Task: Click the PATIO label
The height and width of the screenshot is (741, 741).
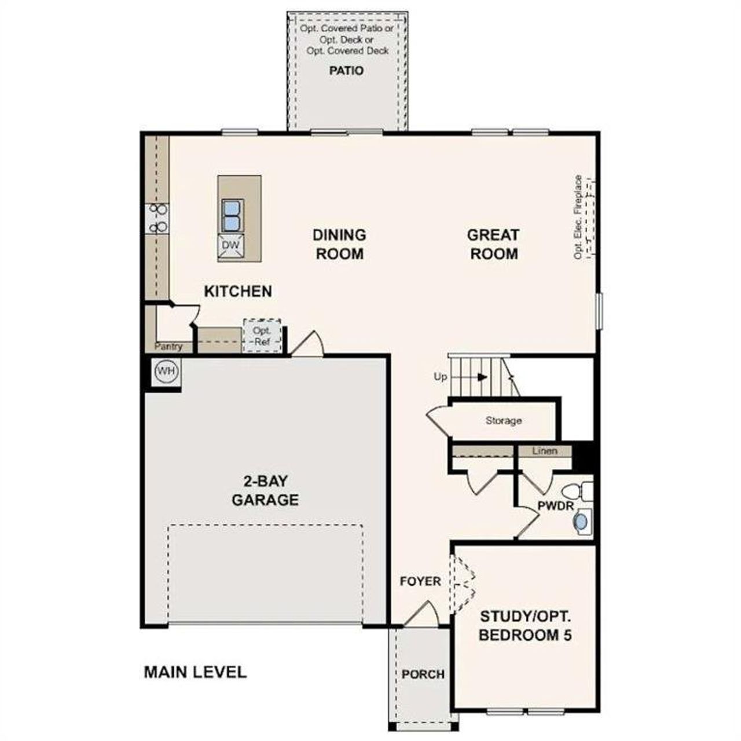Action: click(x=346, y=71)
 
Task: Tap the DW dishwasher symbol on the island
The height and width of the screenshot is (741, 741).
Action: click(x=231, y=245)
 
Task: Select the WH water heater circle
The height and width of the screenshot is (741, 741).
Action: click(x=167, y=370)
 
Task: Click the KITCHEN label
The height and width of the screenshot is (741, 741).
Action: click(x=238, y=291)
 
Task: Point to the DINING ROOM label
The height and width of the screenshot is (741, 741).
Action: click(x=339, y=244)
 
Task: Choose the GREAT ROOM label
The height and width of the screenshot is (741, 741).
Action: click(x=493, y=244)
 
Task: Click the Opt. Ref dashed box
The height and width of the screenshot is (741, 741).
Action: click(x=262, y=336)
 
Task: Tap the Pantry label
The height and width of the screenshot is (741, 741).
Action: click(x=168, y=347)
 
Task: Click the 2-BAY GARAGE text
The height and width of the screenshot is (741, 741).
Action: click(x=265, y=490)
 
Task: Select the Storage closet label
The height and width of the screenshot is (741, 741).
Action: click(x=503, y=421)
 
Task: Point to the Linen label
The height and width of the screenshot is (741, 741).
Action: click(x=544, y=451)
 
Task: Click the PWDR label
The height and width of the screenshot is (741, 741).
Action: click(x=555, y=506)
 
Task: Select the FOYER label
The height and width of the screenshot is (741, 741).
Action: click(x=420, y=581)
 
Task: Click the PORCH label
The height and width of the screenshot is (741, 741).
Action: click(x=423, y=674)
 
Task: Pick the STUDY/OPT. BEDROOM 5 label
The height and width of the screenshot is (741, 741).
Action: click(x=525, y=625)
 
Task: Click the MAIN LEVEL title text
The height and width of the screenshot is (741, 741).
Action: click(x=195, y=672)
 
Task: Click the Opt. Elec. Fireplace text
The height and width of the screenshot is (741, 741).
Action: click(x=578, y=217)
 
